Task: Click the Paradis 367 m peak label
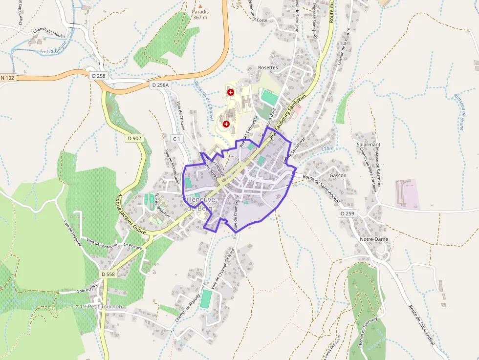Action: coord(200,14)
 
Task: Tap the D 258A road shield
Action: coord(160,85)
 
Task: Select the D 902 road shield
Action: coord(134,138)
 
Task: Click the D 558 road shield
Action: coord(109,275)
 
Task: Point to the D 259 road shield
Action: coord(347,214)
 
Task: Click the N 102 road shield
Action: coord(7,78)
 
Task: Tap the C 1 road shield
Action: coord(176,139)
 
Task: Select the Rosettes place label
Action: coord(267,68)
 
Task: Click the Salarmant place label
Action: coord(368,145)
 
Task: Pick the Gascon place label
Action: coord(338,175)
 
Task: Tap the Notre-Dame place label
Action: coord(373,239)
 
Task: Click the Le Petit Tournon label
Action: coord(101,306)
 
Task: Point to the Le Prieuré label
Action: coord(133,247)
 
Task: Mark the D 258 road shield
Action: coord(98,76)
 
